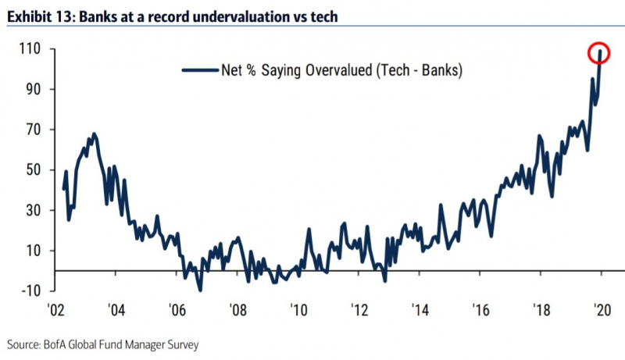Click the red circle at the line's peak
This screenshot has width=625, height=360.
[x=600, y=53]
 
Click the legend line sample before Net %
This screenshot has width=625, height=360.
[x=198, y=70]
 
